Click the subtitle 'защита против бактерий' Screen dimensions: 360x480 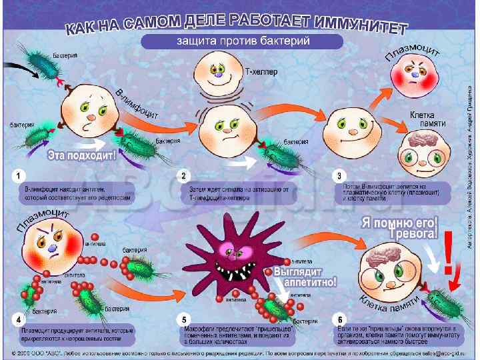241,42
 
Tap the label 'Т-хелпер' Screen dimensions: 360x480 261,69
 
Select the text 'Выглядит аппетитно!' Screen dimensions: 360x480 305,277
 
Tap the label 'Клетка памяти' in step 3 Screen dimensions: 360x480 427,119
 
